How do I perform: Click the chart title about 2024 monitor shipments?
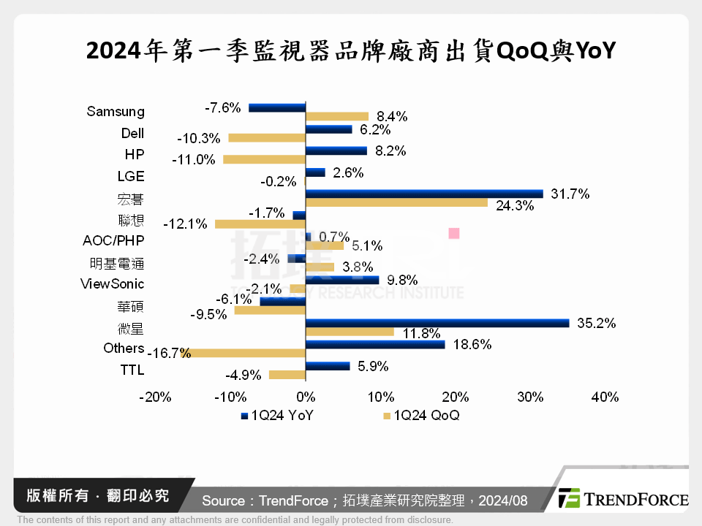pyautogui.click(x=351, y=52)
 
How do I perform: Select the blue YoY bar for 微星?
pyautogui.click(x=437, y=323)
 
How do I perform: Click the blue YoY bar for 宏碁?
pyautogui.click(x=424, y=194)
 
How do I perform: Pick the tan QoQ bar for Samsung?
pyautogui.click(x=336, y=116)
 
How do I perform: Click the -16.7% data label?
pyautogui.click(x=169, y=354)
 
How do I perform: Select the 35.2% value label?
pyautogui.click(x=596, y=323)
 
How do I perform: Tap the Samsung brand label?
pyautogui.click(x=116, y=112)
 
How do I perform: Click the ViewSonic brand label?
pyautogui.click(x=112, y=283)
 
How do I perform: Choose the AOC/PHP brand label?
pyautogui.click(x=114, y=240)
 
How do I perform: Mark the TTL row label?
pyautogui.click(x=132, y=370)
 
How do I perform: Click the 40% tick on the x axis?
pyautogui.click(x=605, y=397)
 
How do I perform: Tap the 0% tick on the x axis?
pyautogui.click(x=305, y=397)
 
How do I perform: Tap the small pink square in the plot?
pyautogui.click(x=453, y=234)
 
